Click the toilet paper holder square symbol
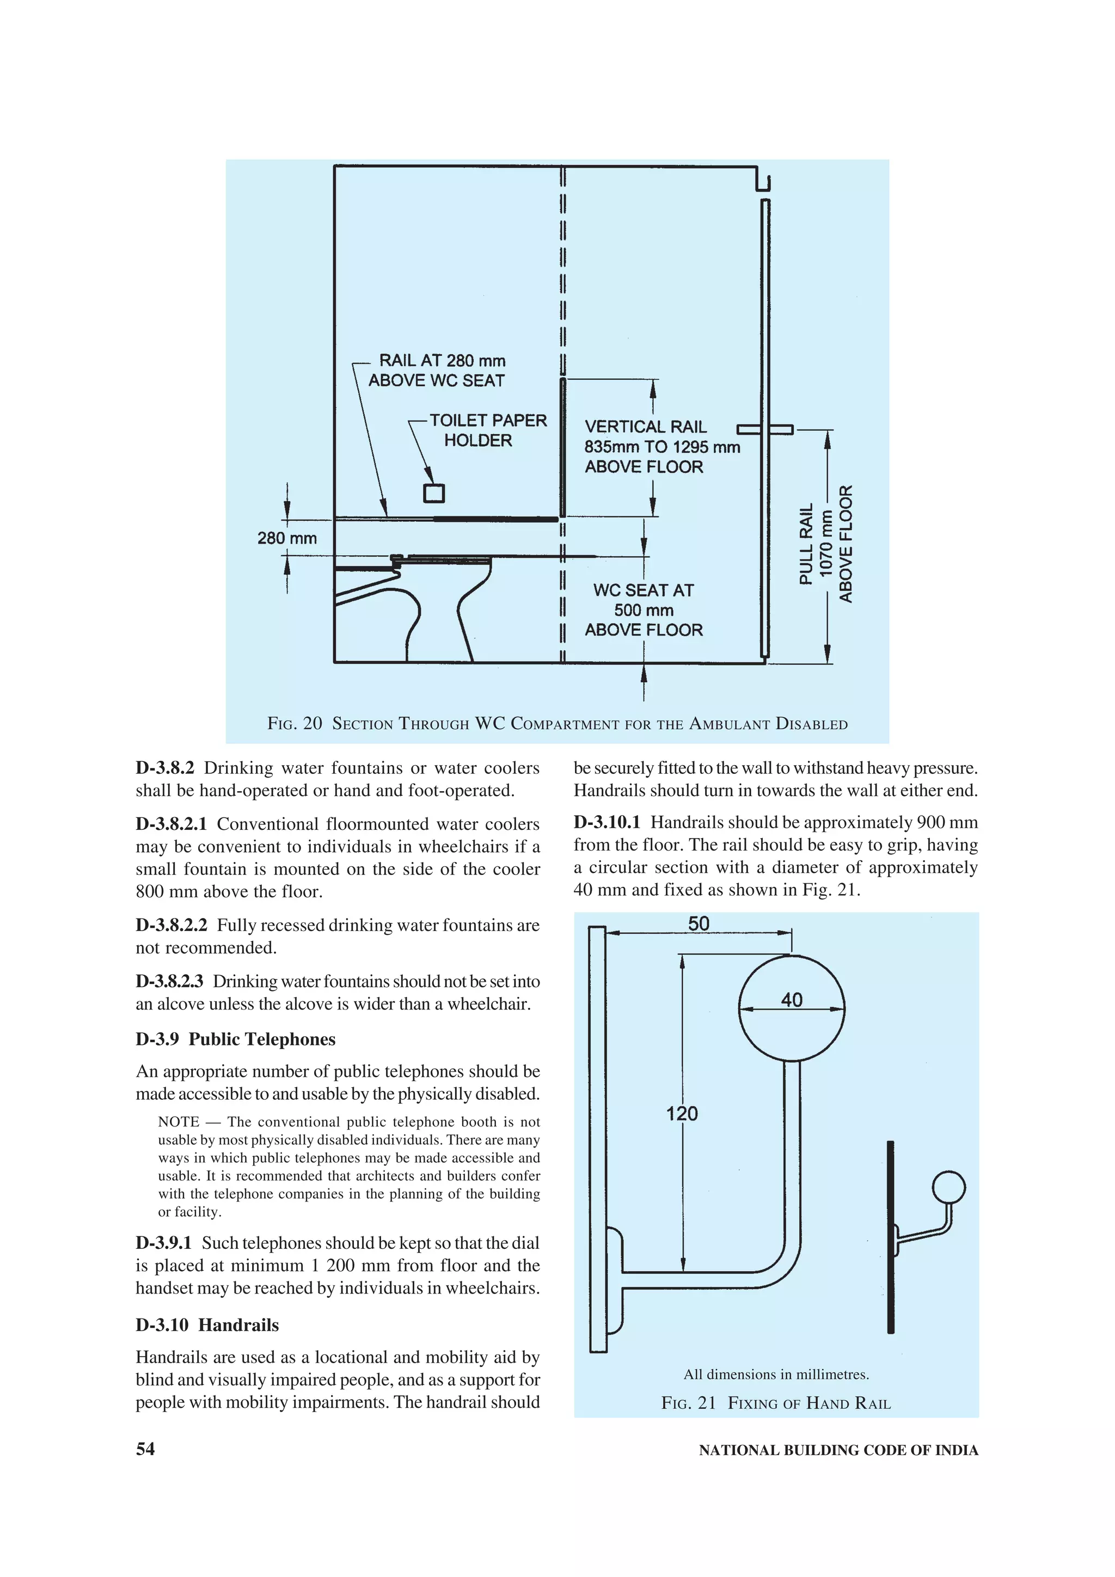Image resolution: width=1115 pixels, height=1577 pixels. [433, 493]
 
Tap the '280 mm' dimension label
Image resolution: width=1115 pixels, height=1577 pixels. [287, 538]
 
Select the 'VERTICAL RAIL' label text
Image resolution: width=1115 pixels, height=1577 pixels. [645, 427]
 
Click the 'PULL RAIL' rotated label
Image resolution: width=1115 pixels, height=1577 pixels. [806, 544]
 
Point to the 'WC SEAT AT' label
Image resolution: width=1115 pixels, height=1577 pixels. [643, 590]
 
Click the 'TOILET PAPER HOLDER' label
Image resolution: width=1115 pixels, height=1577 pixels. [487, 430]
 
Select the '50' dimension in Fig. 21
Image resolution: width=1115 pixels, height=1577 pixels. [698, 924]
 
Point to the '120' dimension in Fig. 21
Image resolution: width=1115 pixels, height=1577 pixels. [682, 1113]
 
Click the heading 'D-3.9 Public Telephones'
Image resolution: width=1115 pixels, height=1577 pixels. [236, 1039]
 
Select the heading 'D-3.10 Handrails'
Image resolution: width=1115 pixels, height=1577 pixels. [207, 1325]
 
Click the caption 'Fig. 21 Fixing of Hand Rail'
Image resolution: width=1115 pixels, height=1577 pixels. [776, 1403]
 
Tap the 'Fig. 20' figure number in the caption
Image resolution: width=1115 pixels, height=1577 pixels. [294, 723]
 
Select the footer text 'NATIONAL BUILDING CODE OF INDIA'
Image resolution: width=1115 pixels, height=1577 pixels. [838, 1450]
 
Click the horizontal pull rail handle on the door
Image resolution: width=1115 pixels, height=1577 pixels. [764, 429]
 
